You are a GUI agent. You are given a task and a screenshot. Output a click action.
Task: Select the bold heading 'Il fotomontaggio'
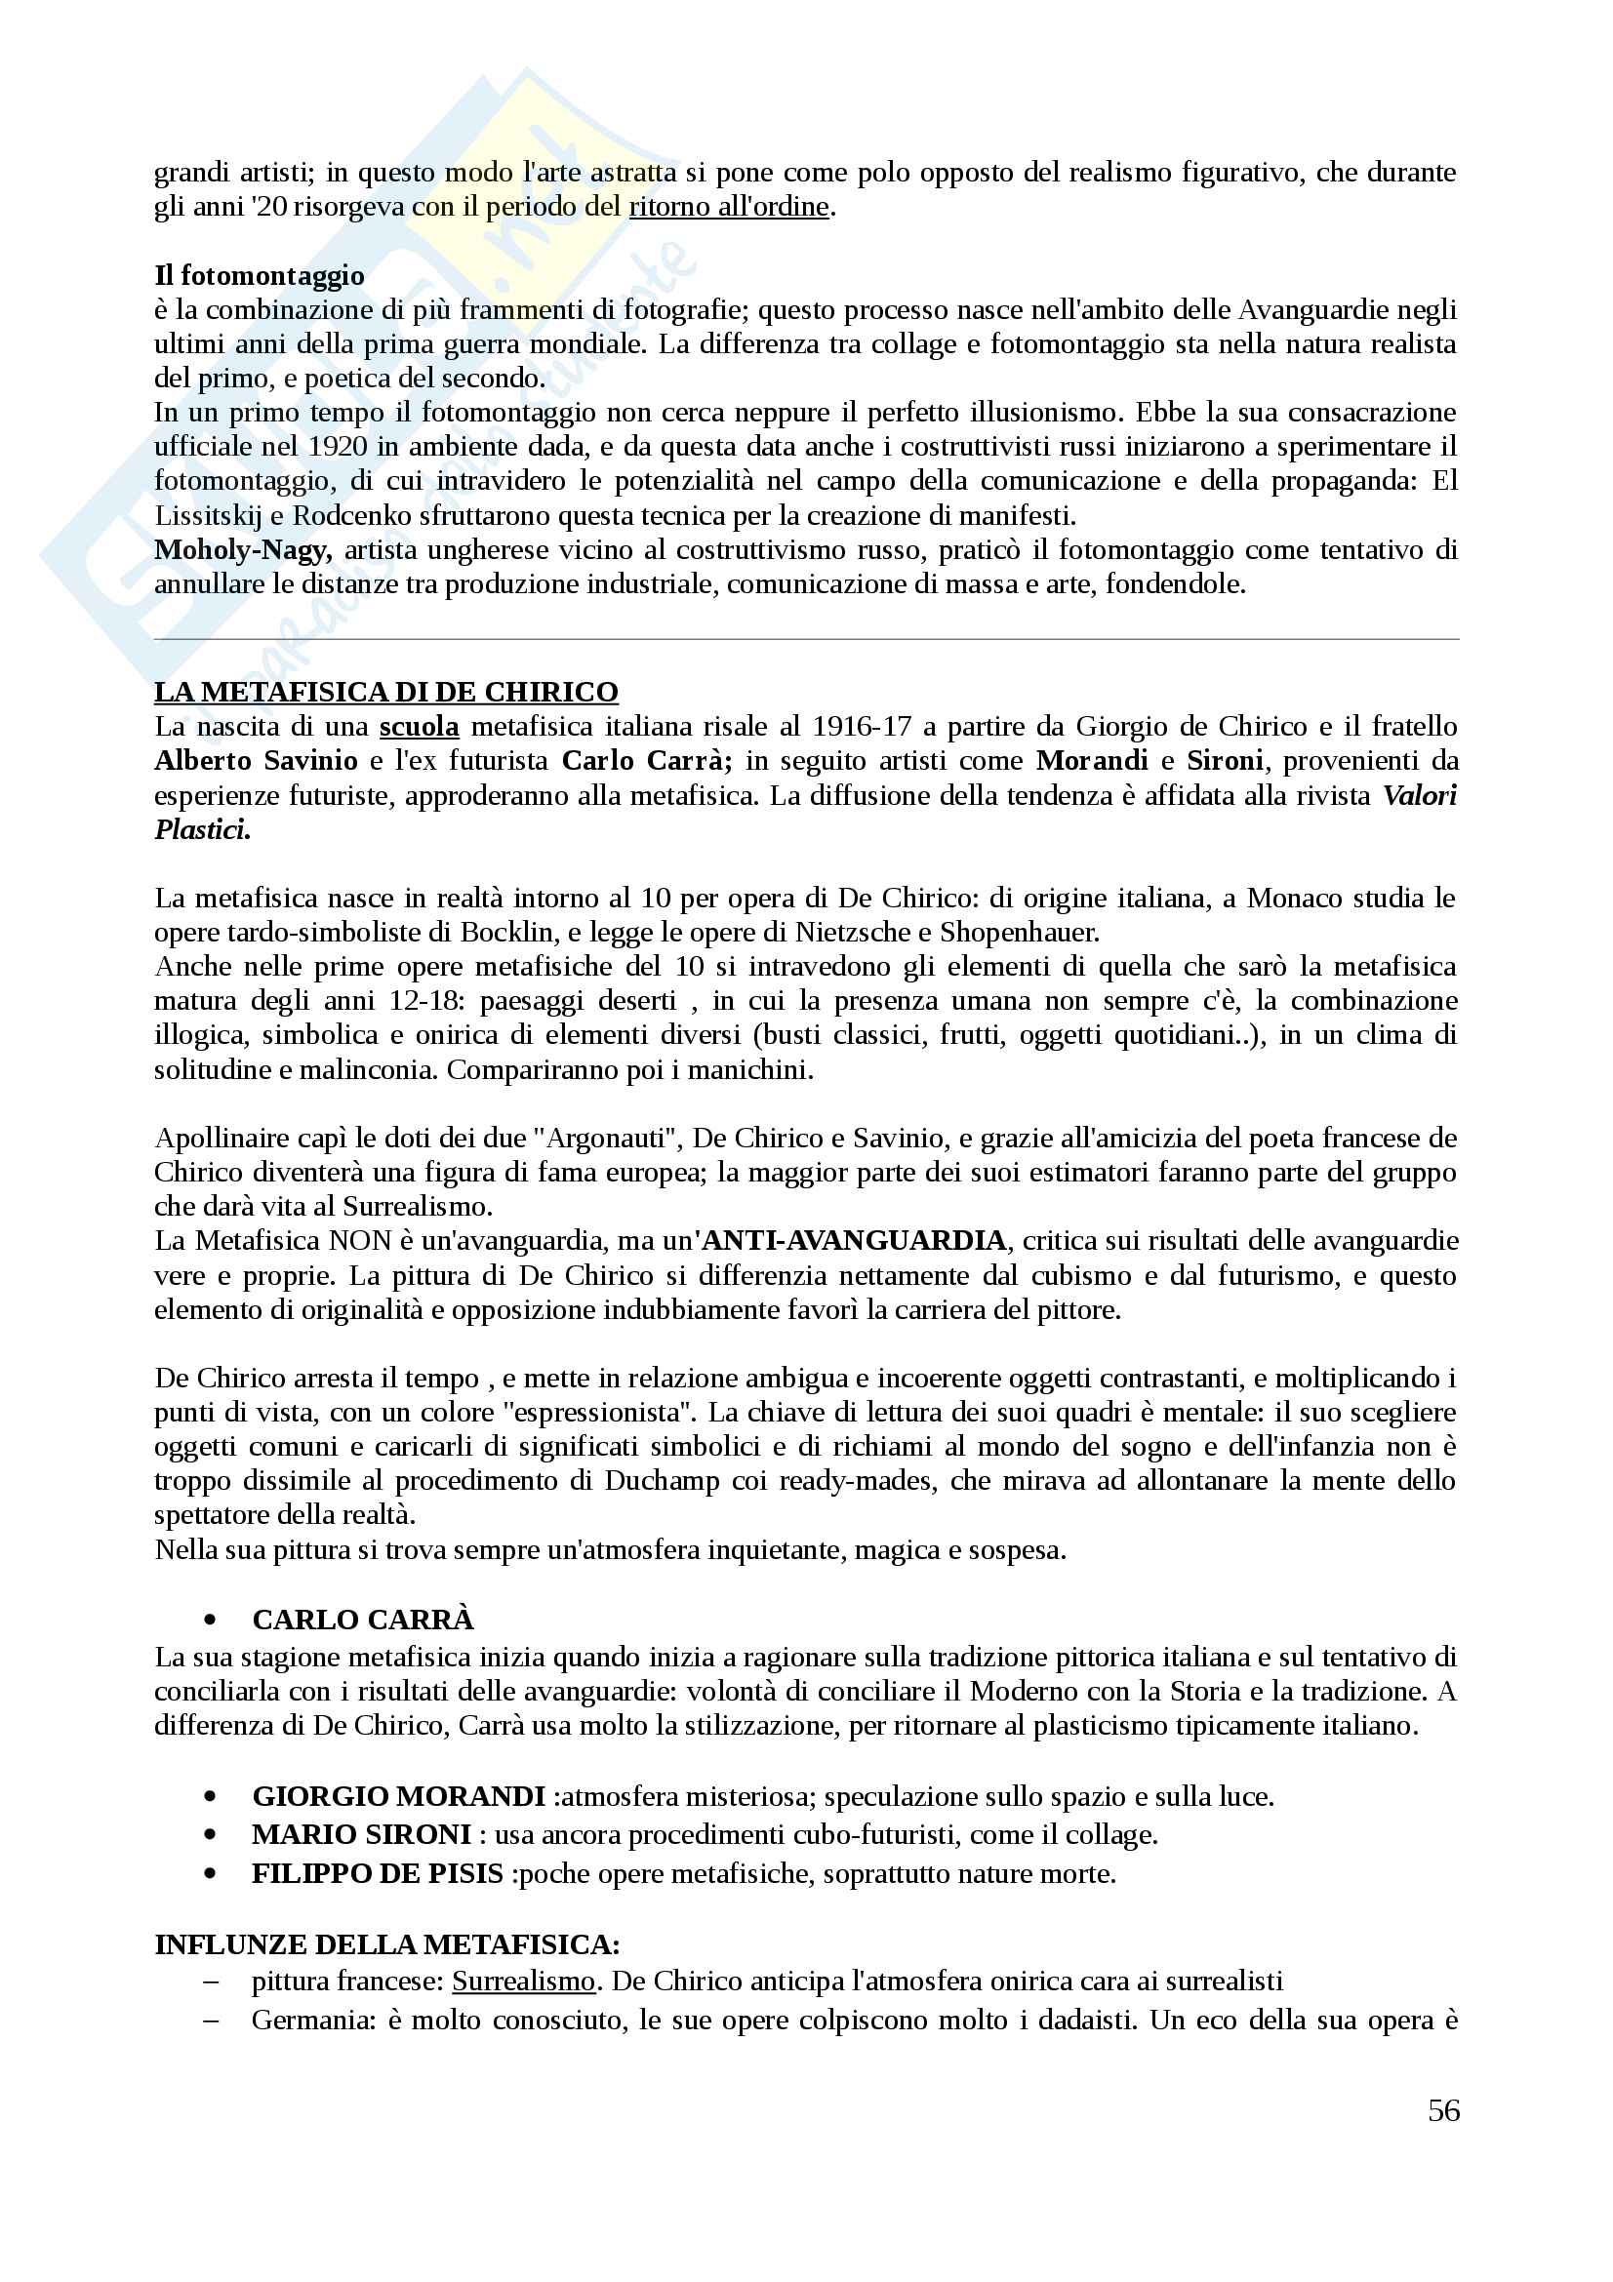(x=260, y=275)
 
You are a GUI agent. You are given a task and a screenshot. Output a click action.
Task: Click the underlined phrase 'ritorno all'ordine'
(x=729, y=207)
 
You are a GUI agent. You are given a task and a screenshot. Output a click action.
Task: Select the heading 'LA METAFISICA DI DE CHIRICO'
(x=385, y=692)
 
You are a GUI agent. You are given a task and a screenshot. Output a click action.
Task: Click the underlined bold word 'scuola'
(x=420, y=727)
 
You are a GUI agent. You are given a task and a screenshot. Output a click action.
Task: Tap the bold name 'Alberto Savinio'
(x=256, y=760)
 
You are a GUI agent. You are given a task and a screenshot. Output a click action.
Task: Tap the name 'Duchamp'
(x=662, y=1481)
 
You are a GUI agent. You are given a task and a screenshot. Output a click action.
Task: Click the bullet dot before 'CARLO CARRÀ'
(x=209, y=1621)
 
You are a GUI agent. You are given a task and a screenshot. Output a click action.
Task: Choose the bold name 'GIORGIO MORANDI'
(x=398, y=1797)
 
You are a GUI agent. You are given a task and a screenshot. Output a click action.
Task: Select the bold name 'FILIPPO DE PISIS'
(x=378, y=1873)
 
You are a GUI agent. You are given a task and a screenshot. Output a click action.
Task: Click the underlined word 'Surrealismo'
(x=523, y=1981)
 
